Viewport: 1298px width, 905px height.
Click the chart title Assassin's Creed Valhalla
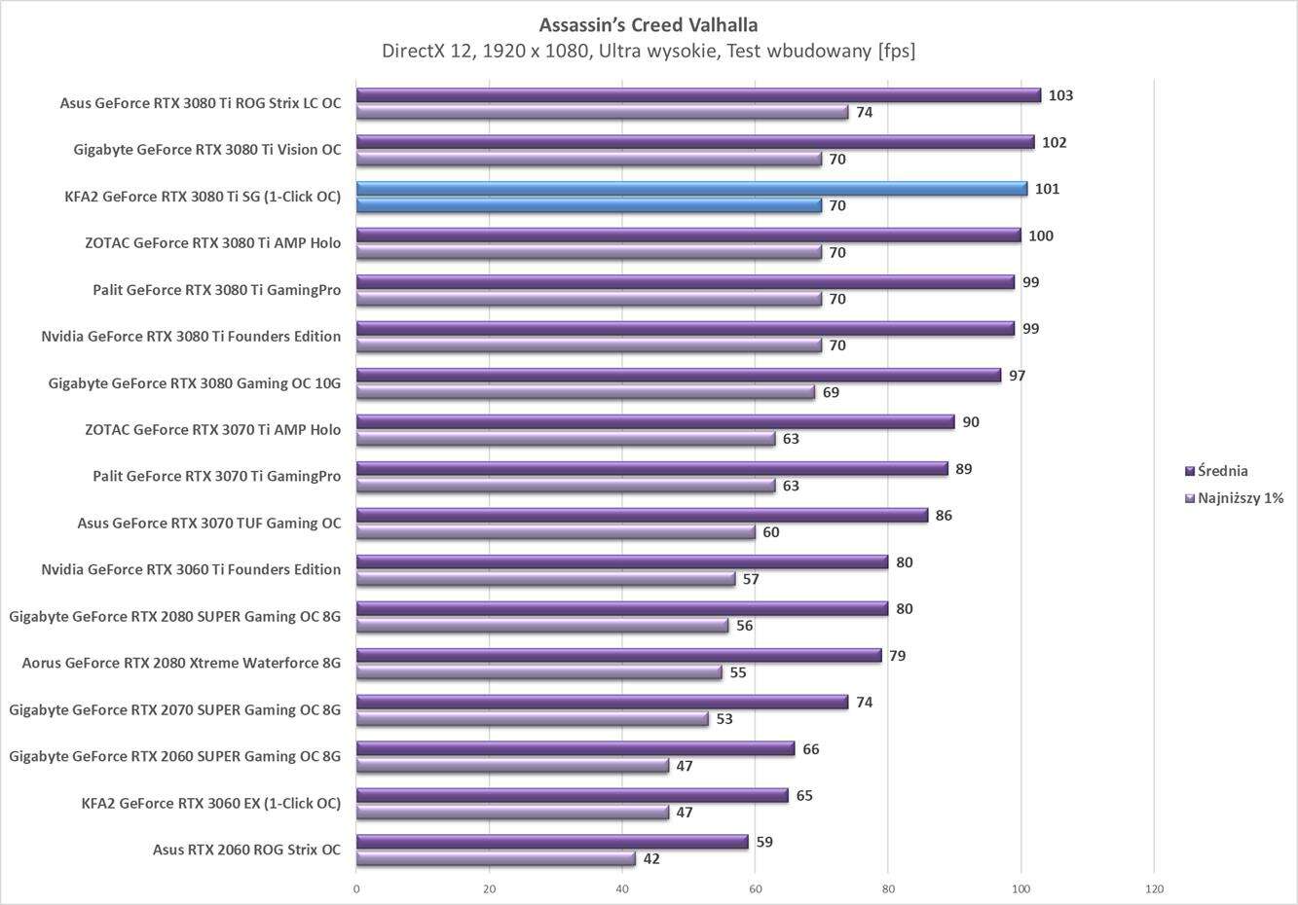click(x=648, y=24)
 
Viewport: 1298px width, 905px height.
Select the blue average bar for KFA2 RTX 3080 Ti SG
click(x=691, y=189)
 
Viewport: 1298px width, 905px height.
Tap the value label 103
click(x=1060, y=95)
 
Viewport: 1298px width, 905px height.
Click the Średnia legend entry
click(x=1222, y=471)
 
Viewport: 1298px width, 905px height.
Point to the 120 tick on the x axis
click(x=1154, y=888)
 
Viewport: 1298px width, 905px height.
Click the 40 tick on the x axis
click(x=622, y=888)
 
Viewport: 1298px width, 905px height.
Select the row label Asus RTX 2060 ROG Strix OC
click(x=246, y=850)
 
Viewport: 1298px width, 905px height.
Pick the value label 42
click(x=651, y=859)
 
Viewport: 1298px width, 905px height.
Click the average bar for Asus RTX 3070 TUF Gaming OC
click(x=643, y=516)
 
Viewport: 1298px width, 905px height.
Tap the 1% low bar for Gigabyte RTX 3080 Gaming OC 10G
click(x=584, y=392)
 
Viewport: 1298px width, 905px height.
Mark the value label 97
click(x=1017, y=376)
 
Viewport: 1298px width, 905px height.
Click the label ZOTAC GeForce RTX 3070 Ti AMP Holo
click(x=212, y=429)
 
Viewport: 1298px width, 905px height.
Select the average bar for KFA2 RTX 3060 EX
click(x=572, y=796)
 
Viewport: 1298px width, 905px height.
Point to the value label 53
click(x=723, y=719)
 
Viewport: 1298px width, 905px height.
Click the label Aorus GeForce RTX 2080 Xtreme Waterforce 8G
click(x=181, y=663)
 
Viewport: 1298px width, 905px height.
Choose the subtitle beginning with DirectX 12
click(x=648, y=51)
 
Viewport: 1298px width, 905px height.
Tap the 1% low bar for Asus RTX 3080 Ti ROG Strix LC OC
click(x=602, y=113)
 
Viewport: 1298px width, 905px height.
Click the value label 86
click(x=944, y=516)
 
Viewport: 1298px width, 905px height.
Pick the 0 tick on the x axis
click(x=356, y=888)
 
